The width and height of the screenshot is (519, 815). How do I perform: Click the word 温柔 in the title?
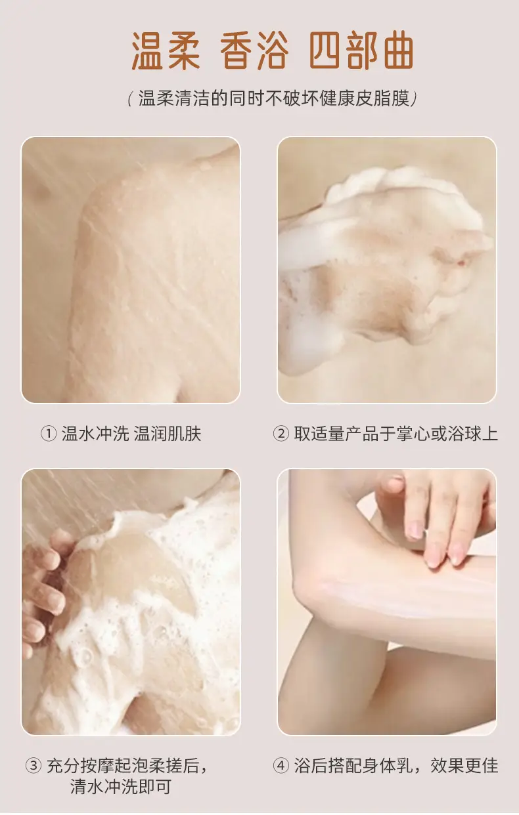[x=166, y=51]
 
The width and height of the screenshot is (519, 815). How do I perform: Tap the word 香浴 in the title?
[x=255, y=51]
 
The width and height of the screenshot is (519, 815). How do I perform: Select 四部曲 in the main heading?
[x=362, y=51]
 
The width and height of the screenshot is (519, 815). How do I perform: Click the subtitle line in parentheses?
[x=273, y=98]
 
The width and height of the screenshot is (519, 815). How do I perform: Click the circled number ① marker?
[x=48, y=434]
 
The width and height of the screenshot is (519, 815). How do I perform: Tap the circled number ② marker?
[x=281, y=434]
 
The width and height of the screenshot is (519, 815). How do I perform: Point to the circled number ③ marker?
[x=33, y=766]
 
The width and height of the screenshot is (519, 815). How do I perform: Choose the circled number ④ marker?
[x=281, y=766]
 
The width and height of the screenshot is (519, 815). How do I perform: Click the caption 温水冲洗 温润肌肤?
[x=131, y=434]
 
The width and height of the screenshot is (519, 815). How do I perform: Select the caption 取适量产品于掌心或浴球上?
[x=396, y=434]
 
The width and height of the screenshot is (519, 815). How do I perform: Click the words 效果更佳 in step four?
[x=464, y=766]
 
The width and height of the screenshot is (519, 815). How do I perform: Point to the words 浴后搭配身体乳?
[x=353, y=766]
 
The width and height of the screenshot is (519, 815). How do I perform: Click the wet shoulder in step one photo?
[x=153, y=255]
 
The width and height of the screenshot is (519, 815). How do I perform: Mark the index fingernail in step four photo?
[x=417, y=530]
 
